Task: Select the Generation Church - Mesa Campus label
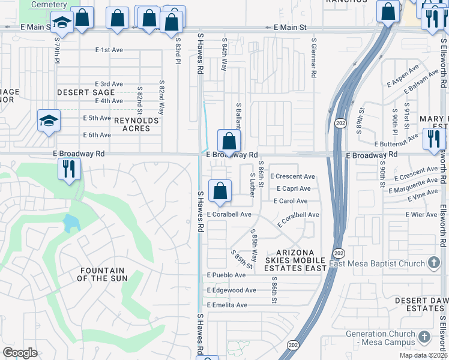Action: (x=379, y=338)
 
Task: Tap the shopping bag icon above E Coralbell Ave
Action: (x=220, y=191)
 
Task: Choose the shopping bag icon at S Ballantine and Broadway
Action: (x=229, y=142)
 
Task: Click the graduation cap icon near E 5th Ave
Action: (x=48, y=121)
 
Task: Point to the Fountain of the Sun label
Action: (x=101, y=275)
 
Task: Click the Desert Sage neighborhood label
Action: (x=86, y=93)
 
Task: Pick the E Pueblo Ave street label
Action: (x=226, y=275)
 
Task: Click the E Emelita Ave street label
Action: (x=227, y=305)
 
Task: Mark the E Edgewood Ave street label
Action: (x=231, y=290)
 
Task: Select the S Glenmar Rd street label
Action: (x=314, y=59)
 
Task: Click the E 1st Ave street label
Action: (x=109, y=50)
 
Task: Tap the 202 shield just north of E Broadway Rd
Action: (x=339, y=122)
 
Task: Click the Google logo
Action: (x=20, y=353)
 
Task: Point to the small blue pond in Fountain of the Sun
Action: (x=70, y=223)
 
